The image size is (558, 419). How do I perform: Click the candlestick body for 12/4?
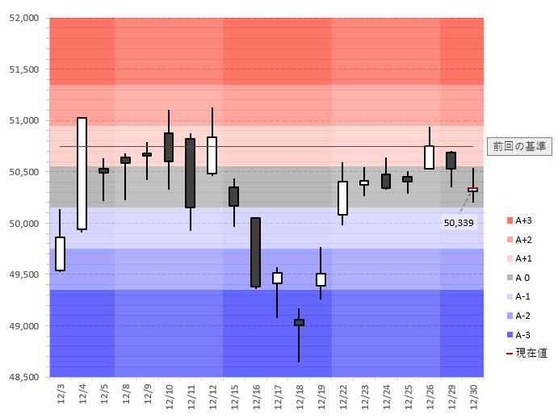82,174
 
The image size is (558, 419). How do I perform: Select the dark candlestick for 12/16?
255,252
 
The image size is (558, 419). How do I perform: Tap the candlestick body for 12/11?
190,173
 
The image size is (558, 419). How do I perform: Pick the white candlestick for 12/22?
342,198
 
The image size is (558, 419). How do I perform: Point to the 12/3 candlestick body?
60,253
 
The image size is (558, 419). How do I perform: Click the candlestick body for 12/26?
429,157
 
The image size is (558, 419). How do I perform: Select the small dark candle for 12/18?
299,322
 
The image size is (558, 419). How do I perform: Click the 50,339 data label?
459,222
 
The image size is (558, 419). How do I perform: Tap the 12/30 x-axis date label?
474,396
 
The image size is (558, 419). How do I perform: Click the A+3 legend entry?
522,220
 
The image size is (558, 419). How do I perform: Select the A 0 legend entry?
522,278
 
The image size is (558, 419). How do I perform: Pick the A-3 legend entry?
522,334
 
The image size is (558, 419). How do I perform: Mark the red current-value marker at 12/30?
472,190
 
